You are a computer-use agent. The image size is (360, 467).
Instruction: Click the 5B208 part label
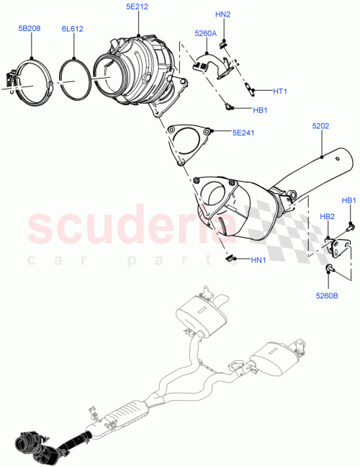point(30,30)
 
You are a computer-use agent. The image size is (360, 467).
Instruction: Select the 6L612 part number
point(73,30)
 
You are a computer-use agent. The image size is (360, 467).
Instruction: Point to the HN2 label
point(223,14)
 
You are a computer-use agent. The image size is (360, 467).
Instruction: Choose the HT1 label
point(280,92)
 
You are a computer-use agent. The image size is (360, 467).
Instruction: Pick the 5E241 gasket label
point(243,133)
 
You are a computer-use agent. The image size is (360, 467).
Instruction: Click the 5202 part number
point(320,126)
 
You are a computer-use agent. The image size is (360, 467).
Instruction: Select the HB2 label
point(327,216)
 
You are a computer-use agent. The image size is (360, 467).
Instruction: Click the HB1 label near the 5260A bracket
point(260,111)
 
